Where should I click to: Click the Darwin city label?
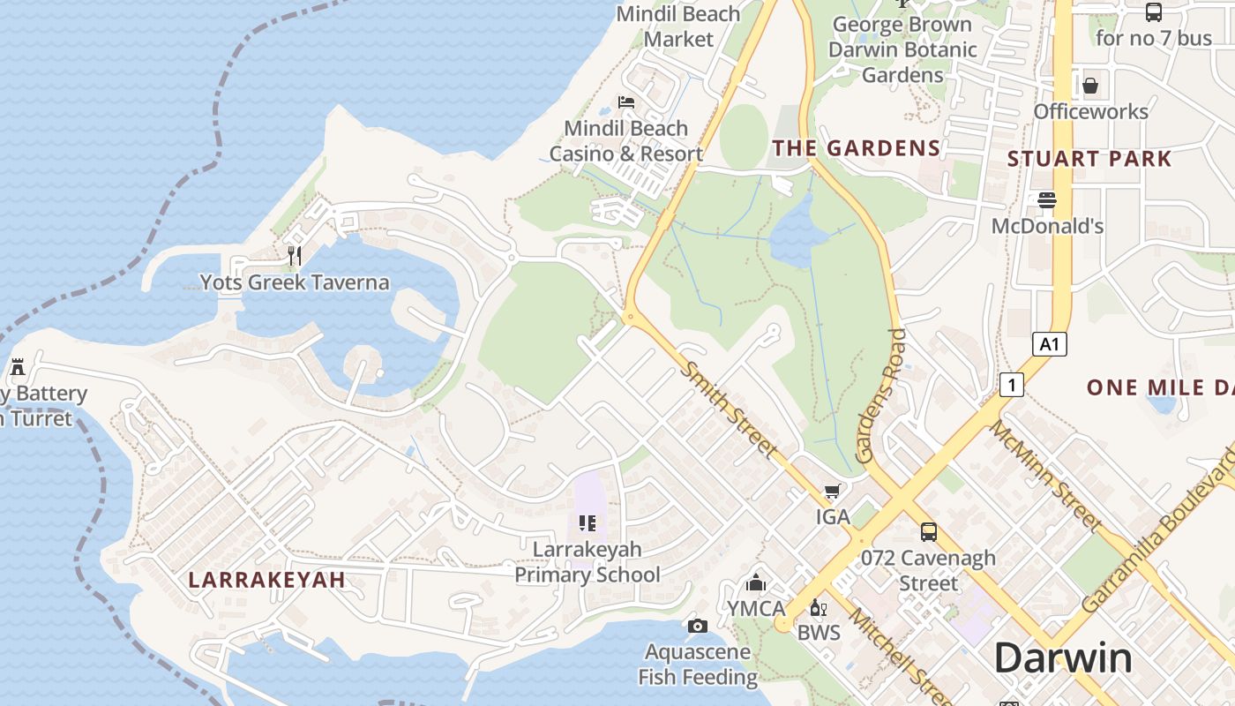coord(1063,658)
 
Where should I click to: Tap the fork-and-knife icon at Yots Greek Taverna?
coord(295,256)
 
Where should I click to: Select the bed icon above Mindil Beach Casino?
coord(626,102)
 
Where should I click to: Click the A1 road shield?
coord(1049,344)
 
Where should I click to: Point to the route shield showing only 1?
coord(1012,384)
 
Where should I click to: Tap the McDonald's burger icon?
coord(1047,200)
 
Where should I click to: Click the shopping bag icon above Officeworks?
coord(1090,86)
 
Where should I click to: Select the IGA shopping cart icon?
coord(832,491)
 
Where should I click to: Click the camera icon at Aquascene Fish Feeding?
coord(698,626)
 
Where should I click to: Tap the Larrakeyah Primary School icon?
coord(588,522)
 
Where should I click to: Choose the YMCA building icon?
coord(755,582)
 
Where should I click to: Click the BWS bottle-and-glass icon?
coord(819,607)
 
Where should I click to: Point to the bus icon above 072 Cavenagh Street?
coord(928,531)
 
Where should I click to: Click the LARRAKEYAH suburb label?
coord(266,580)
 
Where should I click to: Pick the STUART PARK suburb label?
coord(1089,160)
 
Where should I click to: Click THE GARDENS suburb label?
coord(857,148)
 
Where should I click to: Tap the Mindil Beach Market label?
coord(678,26)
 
